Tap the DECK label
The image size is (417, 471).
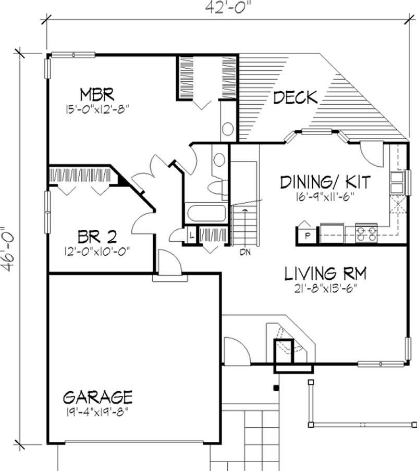point(295,97)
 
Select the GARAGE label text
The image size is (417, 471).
point(97,397)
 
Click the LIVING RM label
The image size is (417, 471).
point(326,273)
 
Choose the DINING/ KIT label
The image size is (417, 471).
point(325,182)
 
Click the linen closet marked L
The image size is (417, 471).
point(191,236)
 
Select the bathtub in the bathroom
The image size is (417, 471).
point(206,214)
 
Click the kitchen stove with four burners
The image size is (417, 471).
point(366,232)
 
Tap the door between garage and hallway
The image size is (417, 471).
point(168,263)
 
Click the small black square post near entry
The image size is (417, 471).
point(276,387)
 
